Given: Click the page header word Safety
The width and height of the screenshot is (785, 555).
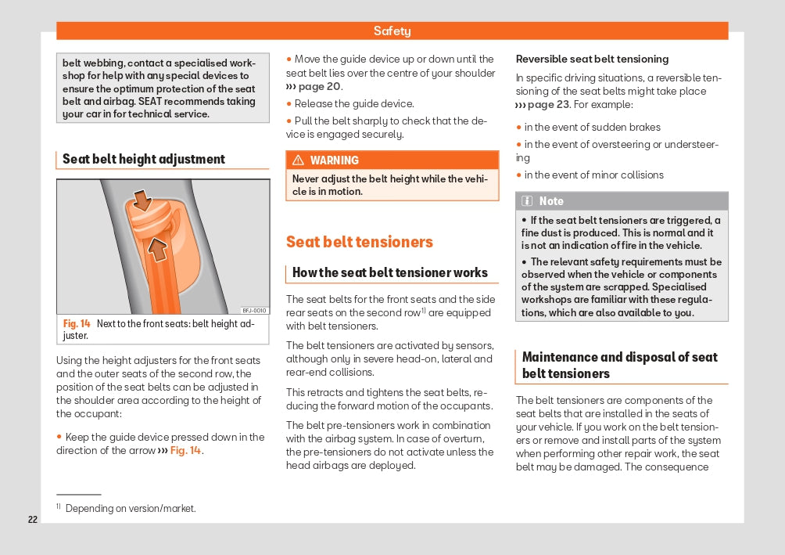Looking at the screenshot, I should pyautogui.click(x=392, y=31).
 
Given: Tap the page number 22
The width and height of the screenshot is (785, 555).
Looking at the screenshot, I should pyautogui.click(x=33, y=520).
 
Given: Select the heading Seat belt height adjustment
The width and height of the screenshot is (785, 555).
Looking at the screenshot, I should pyautogui.click(x=144, y=159).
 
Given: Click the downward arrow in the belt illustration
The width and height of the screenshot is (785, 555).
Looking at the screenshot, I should pyautogui.click(x=142, y=200).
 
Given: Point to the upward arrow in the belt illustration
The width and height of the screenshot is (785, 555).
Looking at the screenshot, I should pyautogui.click(x=158, y=249).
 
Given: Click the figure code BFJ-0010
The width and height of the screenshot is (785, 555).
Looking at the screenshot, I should pyautogui.click(x=254, y=310).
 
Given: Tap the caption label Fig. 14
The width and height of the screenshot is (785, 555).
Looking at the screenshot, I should pyautogui.click(x=77, y=323).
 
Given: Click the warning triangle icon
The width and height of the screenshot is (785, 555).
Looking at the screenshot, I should pyautogui.click(x=298, y=160).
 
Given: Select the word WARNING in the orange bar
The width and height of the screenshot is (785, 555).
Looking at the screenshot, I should pyautogui.click(x=335, y=160).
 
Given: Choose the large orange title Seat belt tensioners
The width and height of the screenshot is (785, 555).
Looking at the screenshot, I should pyautogui.click(x=360, y=242).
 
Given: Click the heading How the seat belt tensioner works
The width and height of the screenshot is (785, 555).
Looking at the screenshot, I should pyautogui.click(x=390, y=272).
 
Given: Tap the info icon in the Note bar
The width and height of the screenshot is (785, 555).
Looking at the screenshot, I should pyautogui.click(x=528, y=201).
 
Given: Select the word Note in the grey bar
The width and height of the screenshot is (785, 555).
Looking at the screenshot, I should pyautogui.click(x=551, y=201).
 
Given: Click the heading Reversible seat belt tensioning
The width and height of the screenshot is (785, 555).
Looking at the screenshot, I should pyautogui.click(x=593, y=59).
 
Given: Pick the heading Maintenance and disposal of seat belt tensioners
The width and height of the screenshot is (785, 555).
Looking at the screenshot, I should pyautogui.click(x=620, y=365).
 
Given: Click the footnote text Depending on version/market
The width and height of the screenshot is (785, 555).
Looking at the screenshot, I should pyautogui.click(x=131, y=509).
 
